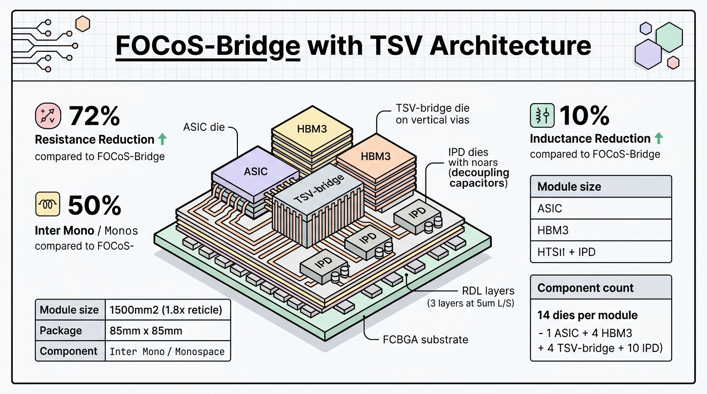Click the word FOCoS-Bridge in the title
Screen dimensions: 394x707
click(x=208, y=46)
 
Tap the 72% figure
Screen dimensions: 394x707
click(x=94, y=116)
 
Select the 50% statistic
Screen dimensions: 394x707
click(x=94, y=205)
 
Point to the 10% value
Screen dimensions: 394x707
click(x=584, y=116)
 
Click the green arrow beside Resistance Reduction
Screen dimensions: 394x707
click(x=162, y=140)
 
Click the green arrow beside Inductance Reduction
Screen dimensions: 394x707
click(x=659, y=139)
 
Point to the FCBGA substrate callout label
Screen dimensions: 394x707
click(x=425, y=339)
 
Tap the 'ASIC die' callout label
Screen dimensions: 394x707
click(x=204, y=127)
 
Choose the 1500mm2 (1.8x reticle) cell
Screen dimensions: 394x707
click(x=165, y=310)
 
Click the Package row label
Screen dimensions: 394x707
click(x=61, y=331)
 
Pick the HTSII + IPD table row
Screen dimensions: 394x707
click(x=600, y=252)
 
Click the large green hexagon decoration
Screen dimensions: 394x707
click(x=669, y=36)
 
